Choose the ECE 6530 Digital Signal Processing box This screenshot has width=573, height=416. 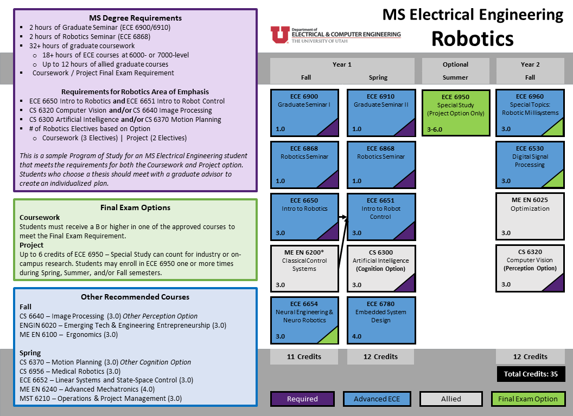click(x=530, y=164)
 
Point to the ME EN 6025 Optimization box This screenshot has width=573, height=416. click(x=530, y=216)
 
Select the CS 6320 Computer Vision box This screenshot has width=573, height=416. click(x=530, y=268)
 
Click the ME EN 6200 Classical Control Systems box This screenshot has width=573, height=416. click(x=304, y=268)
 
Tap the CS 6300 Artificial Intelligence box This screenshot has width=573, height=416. click(x=381, y=268)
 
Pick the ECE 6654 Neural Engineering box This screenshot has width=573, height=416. click(x=304, y=320)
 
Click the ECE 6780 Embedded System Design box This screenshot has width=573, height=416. click(x=381, y=320)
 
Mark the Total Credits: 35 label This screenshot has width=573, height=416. click(x=531, y=374)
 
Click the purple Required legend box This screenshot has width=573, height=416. click(x=303, y=399)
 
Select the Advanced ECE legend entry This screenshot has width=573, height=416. click(x=377, y=399)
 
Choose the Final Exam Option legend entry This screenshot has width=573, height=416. click(x=528, y=399)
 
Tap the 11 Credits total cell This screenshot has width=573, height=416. click(x=304, y=357)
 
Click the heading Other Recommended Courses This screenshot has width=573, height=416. click(x=135, y=297)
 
